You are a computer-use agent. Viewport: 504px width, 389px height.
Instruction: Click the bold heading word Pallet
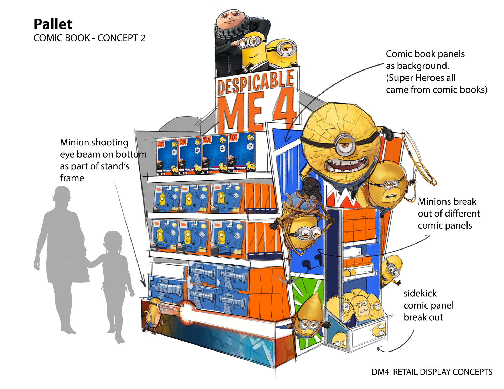coord(53,24)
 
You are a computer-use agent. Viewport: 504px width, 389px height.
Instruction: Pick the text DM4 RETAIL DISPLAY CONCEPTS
coord(432,372)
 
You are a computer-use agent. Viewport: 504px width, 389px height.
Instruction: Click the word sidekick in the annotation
coord(420,293)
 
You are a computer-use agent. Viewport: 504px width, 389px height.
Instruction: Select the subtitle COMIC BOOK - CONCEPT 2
coord(89,38)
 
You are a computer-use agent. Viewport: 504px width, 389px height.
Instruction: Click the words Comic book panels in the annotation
coord(425,54)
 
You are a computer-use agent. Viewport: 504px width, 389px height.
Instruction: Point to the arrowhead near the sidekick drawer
coord(379,349)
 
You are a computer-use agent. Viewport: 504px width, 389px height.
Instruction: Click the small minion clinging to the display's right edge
coord(391,270)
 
